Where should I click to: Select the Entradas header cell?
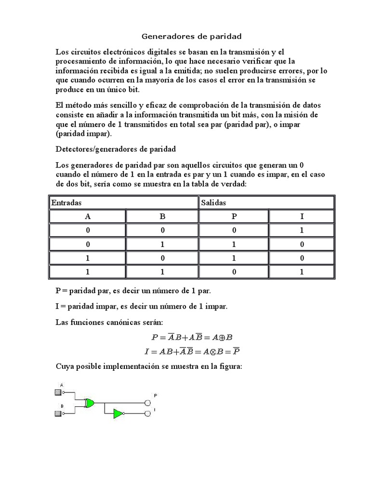click(124, 203)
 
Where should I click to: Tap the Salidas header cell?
click(266, 203)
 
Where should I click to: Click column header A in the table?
click(88, 217)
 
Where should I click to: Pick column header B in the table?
click(162, 217)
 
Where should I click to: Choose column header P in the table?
click(234, 217)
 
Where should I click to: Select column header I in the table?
click(302, 217)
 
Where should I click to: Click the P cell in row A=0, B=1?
click(234, 245)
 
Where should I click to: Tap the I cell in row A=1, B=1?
click(302, 272)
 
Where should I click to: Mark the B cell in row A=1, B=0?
click(162, 258)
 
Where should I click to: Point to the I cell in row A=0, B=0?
click(302, 231)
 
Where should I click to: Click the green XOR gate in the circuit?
click(90, 403)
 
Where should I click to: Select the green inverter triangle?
click(118, 414)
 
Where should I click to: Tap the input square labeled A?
click(58, 393)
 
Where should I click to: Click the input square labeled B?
click(58, 414)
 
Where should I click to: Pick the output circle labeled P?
click(148, 403)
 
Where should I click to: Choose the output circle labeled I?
click(148, 414)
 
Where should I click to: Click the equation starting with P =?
click(192, 337)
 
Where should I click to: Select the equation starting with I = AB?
click(192, 351)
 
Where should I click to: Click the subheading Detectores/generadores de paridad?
click(116, 149)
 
